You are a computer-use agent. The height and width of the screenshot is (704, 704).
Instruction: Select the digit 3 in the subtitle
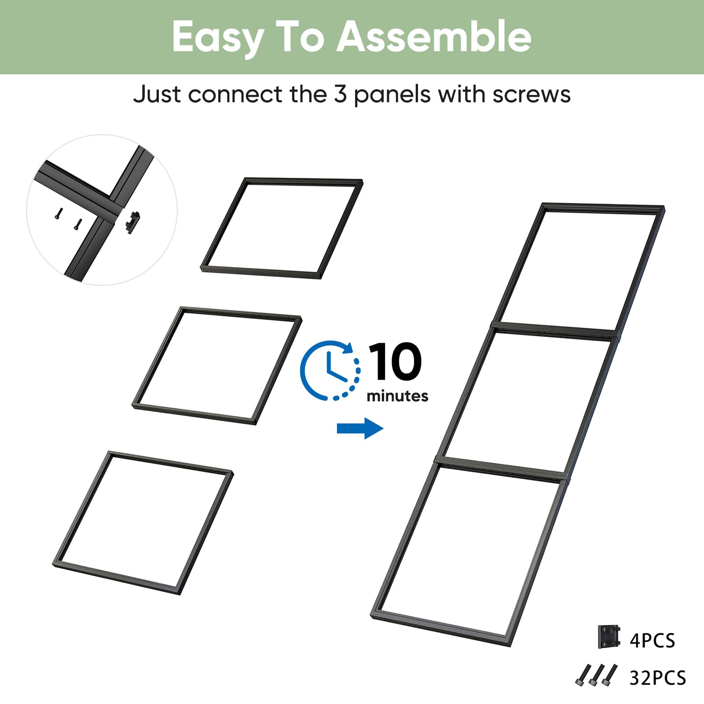tap(340, 94)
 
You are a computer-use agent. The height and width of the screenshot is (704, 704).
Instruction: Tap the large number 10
tap(395, 361)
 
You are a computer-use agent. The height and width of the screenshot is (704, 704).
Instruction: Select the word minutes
tap(397, 396)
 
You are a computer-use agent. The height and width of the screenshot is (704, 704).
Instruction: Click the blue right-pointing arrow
tap(360, 428)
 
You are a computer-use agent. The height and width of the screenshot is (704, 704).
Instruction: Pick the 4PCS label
tap(652, 641)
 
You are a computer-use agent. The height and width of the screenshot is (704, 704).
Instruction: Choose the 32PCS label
tap(658, 678)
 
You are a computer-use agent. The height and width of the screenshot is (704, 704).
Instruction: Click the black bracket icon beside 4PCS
tap(609, 637)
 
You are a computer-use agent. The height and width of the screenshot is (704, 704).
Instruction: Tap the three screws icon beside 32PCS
tap(596, 675)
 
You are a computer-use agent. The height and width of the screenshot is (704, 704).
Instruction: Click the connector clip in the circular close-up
tap(132, 222)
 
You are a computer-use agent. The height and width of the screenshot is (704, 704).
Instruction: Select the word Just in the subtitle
tap(158, 94)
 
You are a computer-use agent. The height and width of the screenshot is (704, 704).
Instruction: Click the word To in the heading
tap(301, 37)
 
